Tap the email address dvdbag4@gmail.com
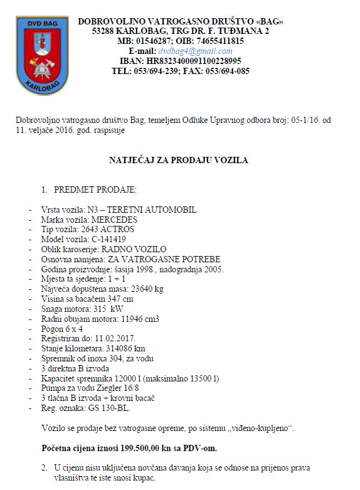click(x=186, y=51)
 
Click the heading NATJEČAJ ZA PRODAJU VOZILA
click(x=179, y=160)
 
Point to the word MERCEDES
click(x=114, y=220)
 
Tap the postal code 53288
click(x=104, y=31)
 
